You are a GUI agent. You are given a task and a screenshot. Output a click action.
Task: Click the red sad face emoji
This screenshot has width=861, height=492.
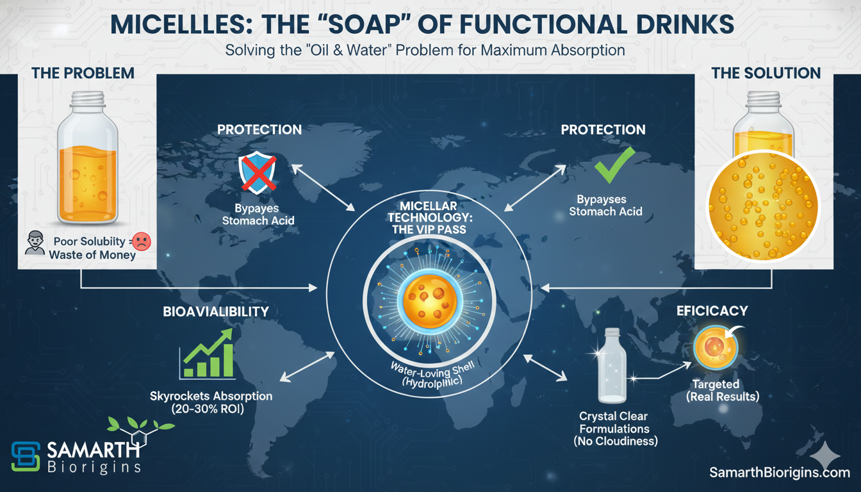pyautogui.click(x=142, y=242)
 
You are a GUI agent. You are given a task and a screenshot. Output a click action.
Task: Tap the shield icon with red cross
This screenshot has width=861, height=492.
pyautogui.click(x=257, y=172)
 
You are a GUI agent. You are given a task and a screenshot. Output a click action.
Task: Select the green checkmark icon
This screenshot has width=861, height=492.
pyautogui.click(x=614, y=165)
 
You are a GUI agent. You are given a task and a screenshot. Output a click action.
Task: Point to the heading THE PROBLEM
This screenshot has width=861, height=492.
pyautogui.click(x=83, y=73)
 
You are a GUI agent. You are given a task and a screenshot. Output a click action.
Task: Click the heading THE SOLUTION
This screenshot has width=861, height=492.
pyautogui.click(x=766, y=73)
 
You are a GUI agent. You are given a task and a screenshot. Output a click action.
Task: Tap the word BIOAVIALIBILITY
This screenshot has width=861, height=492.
pyautogui.click(x=216, y=311)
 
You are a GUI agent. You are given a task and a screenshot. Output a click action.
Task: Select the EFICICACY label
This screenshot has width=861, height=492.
pyautogui.click(x=712, y=311)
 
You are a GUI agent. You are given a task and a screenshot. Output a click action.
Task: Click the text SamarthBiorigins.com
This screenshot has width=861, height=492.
pyautogui.click(x=780, y=472)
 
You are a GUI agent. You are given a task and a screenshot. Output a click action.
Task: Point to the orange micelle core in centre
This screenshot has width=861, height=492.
pyautogui.click(x=430, y=301)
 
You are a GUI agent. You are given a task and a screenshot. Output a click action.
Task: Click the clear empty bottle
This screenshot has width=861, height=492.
pyautogui.click(x=612, y=365)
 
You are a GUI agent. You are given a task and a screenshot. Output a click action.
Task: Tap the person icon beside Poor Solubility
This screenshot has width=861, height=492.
pyautogui.click(x=35, y=243)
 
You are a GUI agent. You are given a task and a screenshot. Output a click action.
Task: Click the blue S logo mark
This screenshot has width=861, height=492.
pyautogui.click(x=26, y=456)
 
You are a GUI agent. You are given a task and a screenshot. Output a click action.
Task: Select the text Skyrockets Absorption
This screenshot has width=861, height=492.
pyautogui.click(x=211, y=396)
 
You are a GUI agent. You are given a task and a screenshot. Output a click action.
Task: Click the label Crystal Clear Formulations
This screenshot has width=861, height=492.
pyautogui.click(x=614, y=422)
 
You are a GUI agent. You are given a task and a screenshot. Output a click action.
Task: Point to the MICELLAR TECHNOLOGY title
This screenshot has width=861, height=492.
pyautogui.click(x=430, y=218)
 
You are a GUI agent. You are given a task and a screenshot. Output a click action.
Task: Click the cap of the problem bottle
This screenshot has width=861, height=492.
pyautogui.click(x=87, y=99)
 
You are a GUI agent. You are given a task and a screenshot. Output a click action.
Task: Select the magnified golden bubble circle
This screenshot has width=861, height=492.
pyautogui.click(x=764, y=206)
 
